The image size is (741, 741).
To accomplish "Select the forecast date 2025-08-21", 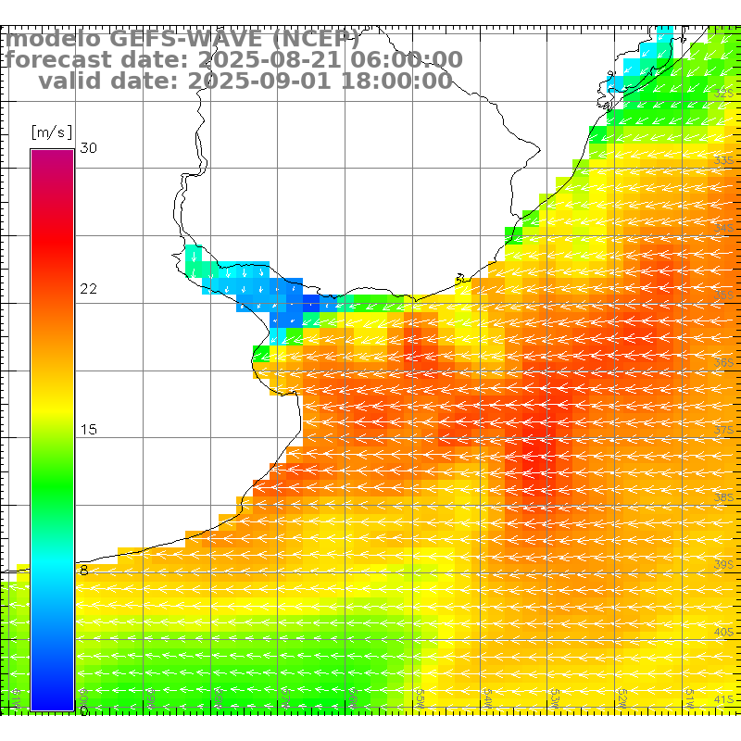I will (x=260, y=60).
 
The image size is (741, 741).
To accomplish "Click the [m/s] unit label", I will (x=52, y=132).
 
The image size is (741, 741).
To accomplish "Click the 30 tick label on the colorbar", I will (x=89, y=148).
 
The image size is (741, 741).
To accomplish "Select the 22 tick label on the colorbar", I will (x=89, y=289).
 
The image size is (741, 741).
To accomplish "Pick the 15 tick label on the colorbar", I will (x=89, y=430).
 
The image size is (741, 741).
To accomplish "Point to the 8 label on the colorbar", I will (x=84, y=571).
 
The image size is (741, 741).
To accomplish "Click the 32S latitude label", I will (x=724, y=93).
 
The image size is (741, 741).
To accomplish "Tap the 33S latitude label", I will (x=724, y=160).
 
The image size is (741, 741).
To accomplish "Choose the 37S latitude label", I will (x=724, y=430).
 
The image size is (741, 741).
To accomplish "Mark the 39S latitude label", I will (x=724, y=564).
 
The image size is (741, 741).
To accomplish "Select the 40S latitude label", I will (x=724, y=632).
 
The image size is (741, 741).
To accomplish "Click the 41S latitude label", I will (x=724, y=699).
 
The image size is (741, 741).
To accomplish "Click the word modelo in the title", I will (x=54, y=39).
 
